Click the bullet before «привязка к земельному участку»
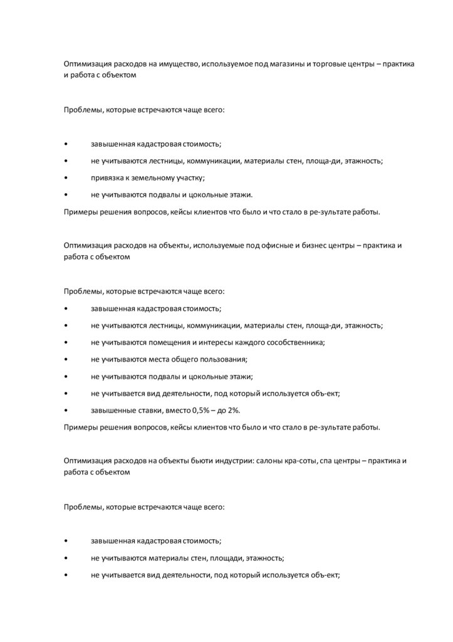pyautogui.click(x=66, y=178)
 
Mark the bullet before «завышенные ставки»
pyautogui.click(x=66, y=411)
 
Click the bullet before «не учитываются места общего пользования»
pyautogui.click(x=66, y=360)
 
